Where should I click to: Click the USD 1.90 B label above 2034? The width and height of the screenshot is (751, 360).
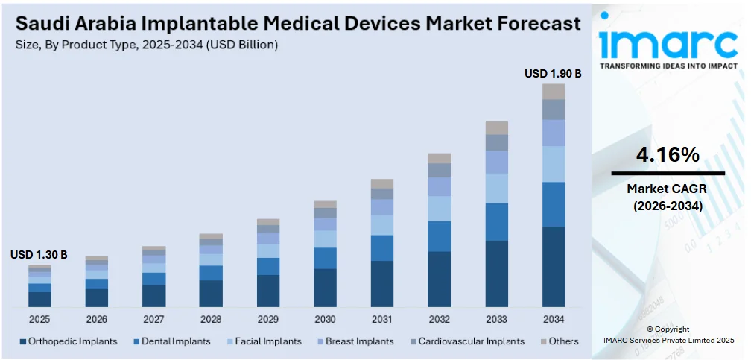[x=553, y=74]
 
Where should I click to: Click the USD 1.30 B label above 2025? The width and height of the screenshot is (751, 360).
[x=39, y=255]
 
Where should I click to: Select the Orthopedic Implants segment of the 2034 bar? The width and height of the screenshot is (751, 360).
[x=554, y=266]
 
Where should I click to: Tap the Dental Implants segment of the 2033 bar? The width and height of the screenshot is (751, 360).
[x=496, y=221]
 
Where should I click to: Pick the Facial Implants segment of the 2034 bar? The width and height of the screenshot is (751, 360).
[x=554, y=164]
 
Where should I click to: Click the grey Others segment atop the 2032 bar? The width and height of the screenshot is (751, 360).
[x=440, y=158]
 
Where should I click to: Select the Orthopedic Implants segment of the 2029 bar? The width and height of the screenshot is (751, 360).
[x=268, y=291]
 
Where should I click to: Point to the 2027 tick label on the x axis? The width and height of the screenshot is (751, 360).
[x=153, y=319]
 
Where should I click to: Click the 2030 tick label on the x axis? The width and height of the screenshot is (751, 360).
[x=325, y=319]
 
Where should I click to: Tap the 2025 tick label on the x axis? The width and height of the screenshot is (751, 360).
[x=39, y=319]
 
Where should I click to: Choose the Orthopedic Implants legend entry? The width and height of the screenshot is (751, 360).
[x=68, y=341]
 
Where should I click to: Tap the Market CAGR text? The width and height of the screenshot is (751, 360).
[x=667, y=189]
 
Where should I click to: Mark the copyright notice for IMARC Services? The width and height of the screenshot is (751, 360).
[x=668, y=335]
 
